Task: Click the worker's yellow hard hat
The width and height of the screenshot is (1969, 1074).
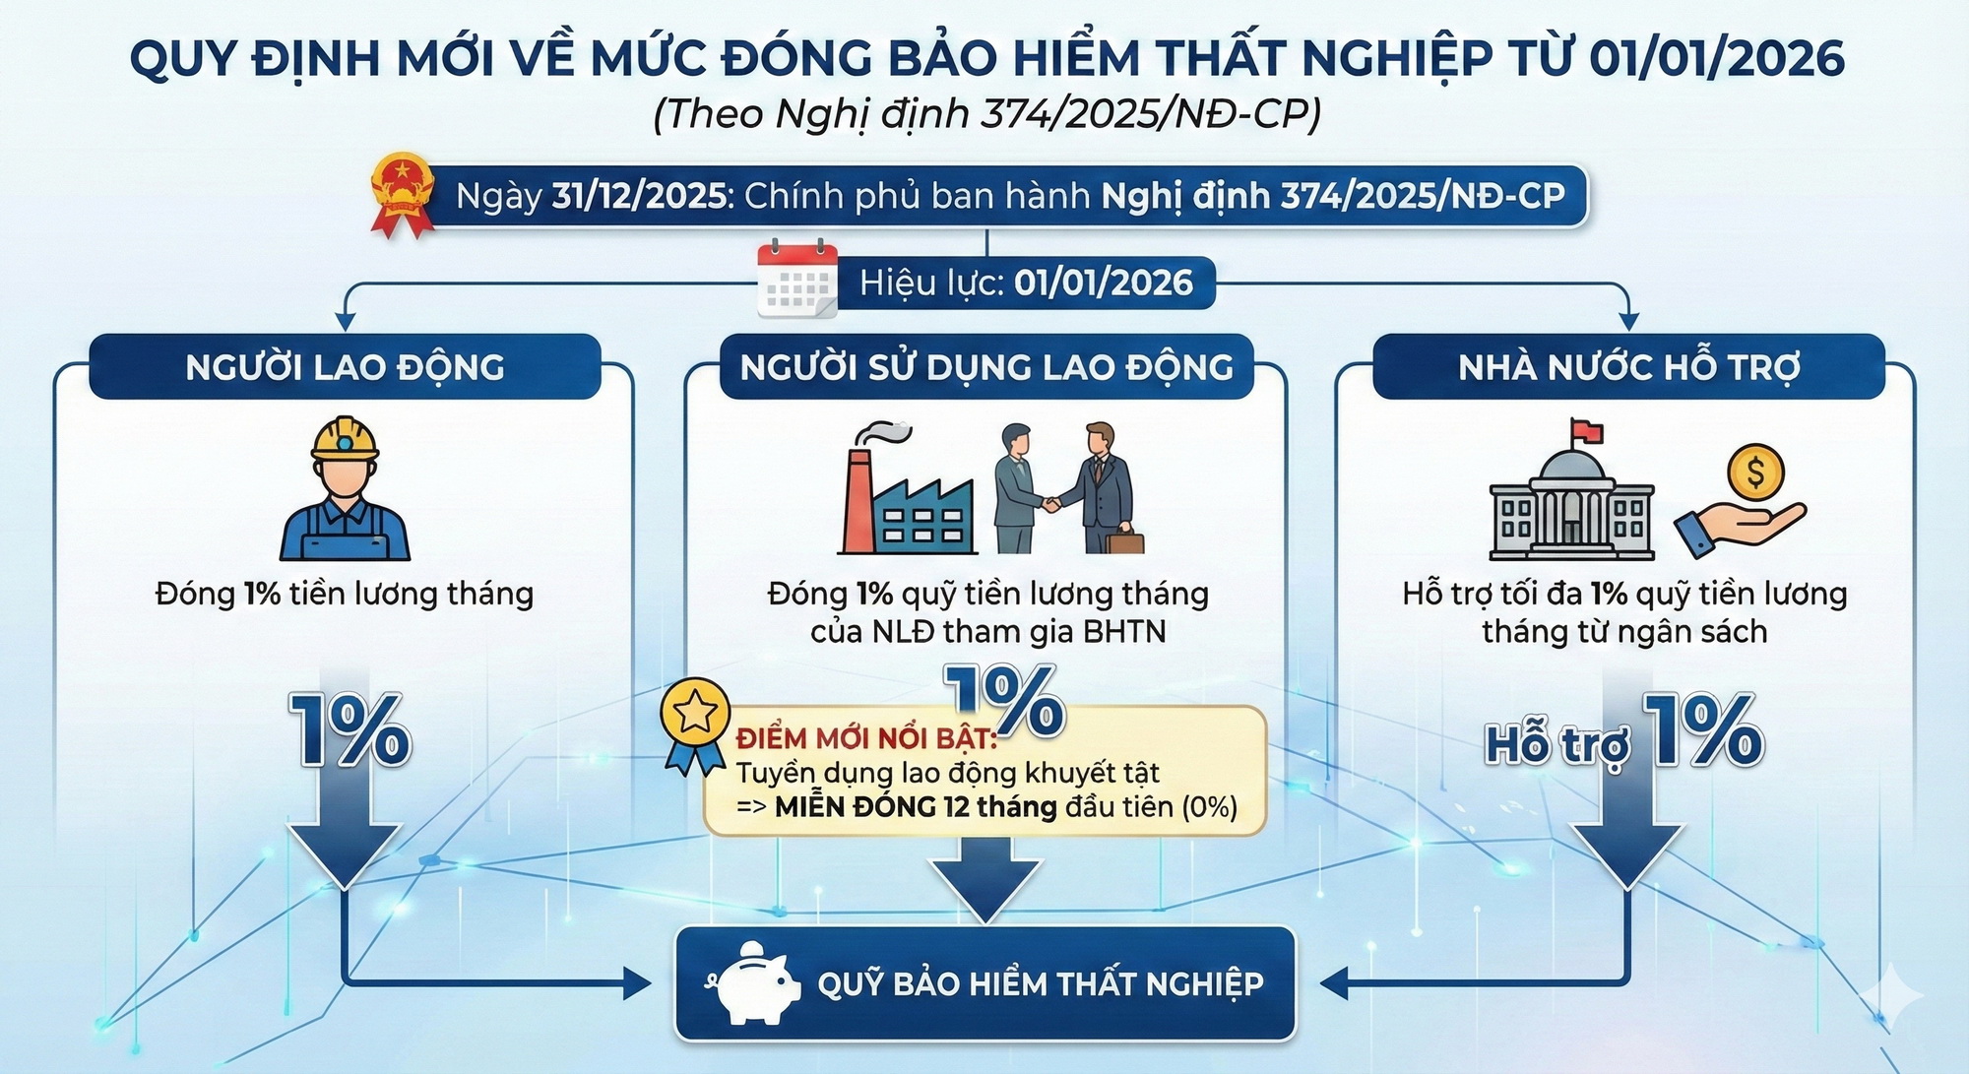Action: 345,438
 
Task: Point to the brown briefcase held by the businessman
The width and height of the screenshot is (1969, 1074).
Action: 1124,540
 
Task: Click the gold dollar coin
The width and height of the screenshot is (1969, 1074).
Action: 1755,472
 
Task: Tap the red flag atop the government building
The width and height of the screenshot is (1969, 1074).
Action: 1587,431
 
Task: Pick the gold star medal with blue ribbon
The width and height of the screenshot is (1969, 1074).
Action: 695,725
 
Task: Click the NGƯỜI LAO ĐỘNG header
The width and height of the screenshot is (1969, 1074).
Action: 345,367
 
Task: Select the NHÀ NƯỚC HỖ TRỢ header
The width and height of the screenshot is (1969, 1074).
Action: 1628,367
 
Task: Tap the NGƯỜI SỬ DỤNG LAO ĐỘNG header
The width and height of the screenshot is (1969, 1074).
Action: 986,367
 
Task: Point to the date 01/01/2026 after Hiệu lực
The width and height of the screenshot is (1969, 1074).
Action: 1104,284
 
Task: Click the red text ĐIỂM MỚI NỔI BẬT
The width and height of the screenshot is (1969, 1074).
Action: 866,738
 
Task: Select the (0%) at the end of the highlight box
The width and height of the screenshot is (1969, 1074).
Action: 1209,807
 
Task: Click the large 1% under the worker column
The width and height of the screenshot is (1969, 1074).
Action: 349,729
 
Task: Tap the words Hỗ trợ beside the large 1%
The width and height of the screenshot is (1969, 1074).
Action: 1556,744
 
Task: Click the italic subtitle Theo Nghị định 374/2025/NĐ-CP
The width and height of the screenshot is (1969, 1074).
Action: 986,114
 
